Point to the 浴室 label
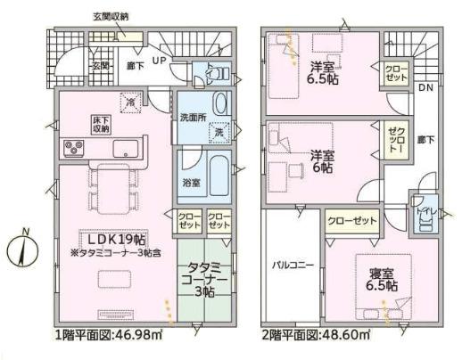191,182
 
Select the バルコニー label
292,265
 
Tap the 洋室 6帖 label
322,160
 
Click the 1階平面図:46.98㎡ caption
109,335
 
